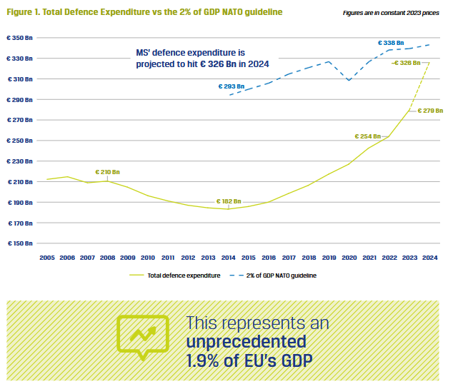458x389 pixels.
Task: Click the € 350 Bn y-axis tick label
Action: [x=20, y=37]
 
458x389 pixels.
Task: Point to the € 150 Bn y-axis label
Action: [x=20, y=244]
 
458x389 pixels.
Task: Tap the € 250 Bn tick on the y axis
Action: [x=20, y=141]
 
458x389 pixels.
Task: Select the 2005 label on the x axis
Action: [x=47, y=258]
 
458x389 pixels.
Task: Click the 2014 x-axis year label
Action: [x=229, y=258]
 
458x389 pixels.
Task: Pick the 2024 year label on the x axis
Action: [x=430, y=258]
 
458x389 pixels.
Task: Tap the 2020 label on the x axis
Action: [x=349, y=258]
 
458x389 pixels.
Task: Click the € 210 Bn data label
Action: [x=108, y=172]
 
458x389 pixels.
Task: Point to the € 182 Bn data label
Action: [x=229, y=201]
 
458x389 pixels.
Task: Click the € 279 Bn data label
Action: [x=430, y=111]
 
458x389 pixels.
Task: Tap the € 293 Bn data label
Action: [x=232, y=86]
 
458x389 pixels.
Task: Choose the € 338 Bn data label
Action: [x=390, y=43]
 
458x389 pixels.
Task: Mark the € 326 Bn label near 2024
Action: [x=407, y=63]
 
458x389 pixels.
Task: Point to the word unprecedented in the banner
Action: [x=246, y=341]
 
